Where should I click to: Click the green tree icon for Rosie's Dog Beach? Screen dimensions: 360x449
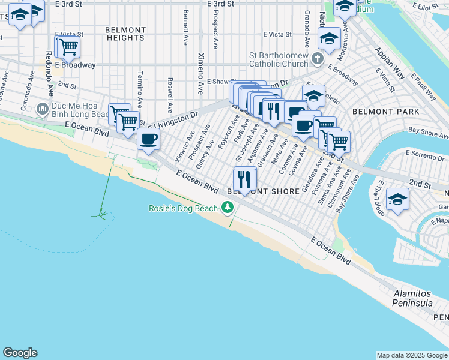[x=227, y=208]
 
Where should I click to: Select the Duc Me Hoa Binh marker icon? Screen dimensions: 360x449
[x=42, y=109]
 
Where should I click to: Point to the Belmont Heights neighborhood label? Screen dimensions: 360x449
[x=125, y=34]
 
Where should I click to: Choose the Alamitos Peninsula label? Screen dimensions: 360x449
[x=413, y=298]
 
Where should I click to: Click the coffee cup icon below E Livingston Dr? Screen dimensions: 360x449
[x=148, y=139]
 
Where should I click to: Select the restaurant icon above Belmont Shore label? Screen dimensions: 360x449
[x=244, y=179]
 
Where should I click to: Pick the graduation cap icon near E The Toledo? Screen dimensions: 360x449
[x=397, y=200]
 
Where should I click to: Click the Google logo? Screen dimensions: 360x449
[x=20, y=353]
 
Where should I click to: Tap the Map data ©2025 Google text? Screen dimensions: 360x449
[x=411, y=355]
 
